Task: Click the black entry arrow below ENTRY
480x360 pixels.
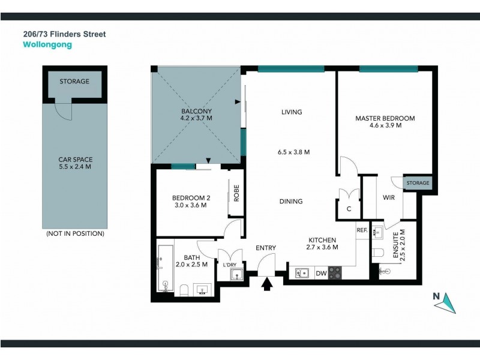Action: (x=268, y=284)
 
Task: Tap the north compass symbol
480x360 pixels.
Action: (x=445, y=302)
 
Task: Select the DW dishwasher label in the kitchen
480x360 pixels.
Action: (x=321, y=274)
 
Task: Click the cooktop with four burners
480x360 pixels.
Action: (x=335, y=273)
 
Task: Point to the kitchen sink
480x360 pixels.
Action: (x=303, y=273)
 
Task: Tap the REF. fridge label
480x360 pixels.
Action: (x=362, y=230)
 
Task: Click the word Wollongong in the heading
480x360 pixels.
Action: (x=47, y=45)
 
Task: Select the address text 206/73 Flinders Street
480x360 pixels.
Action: (x=64, y=34)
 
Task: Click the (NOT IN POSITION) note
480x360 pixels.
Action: (x=75, y=233)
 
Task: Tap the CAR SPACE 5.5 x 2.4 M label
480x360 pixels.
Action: (x=75, y=163)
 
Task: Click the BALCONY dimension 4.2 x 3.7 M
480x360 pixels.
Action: (x=196, y=119)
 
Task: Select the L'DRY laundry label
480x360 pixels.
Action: (x=230, y=265)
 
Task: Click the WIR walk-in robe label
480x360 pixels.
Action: (x=388, y=197)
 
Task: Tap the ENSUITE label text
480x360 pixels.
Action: (x=395, y=247)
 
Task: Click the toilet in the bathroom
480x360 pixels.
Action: (x=185, y=291)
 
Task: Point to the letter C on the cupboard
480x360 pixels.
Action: (x=349, y=209)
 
